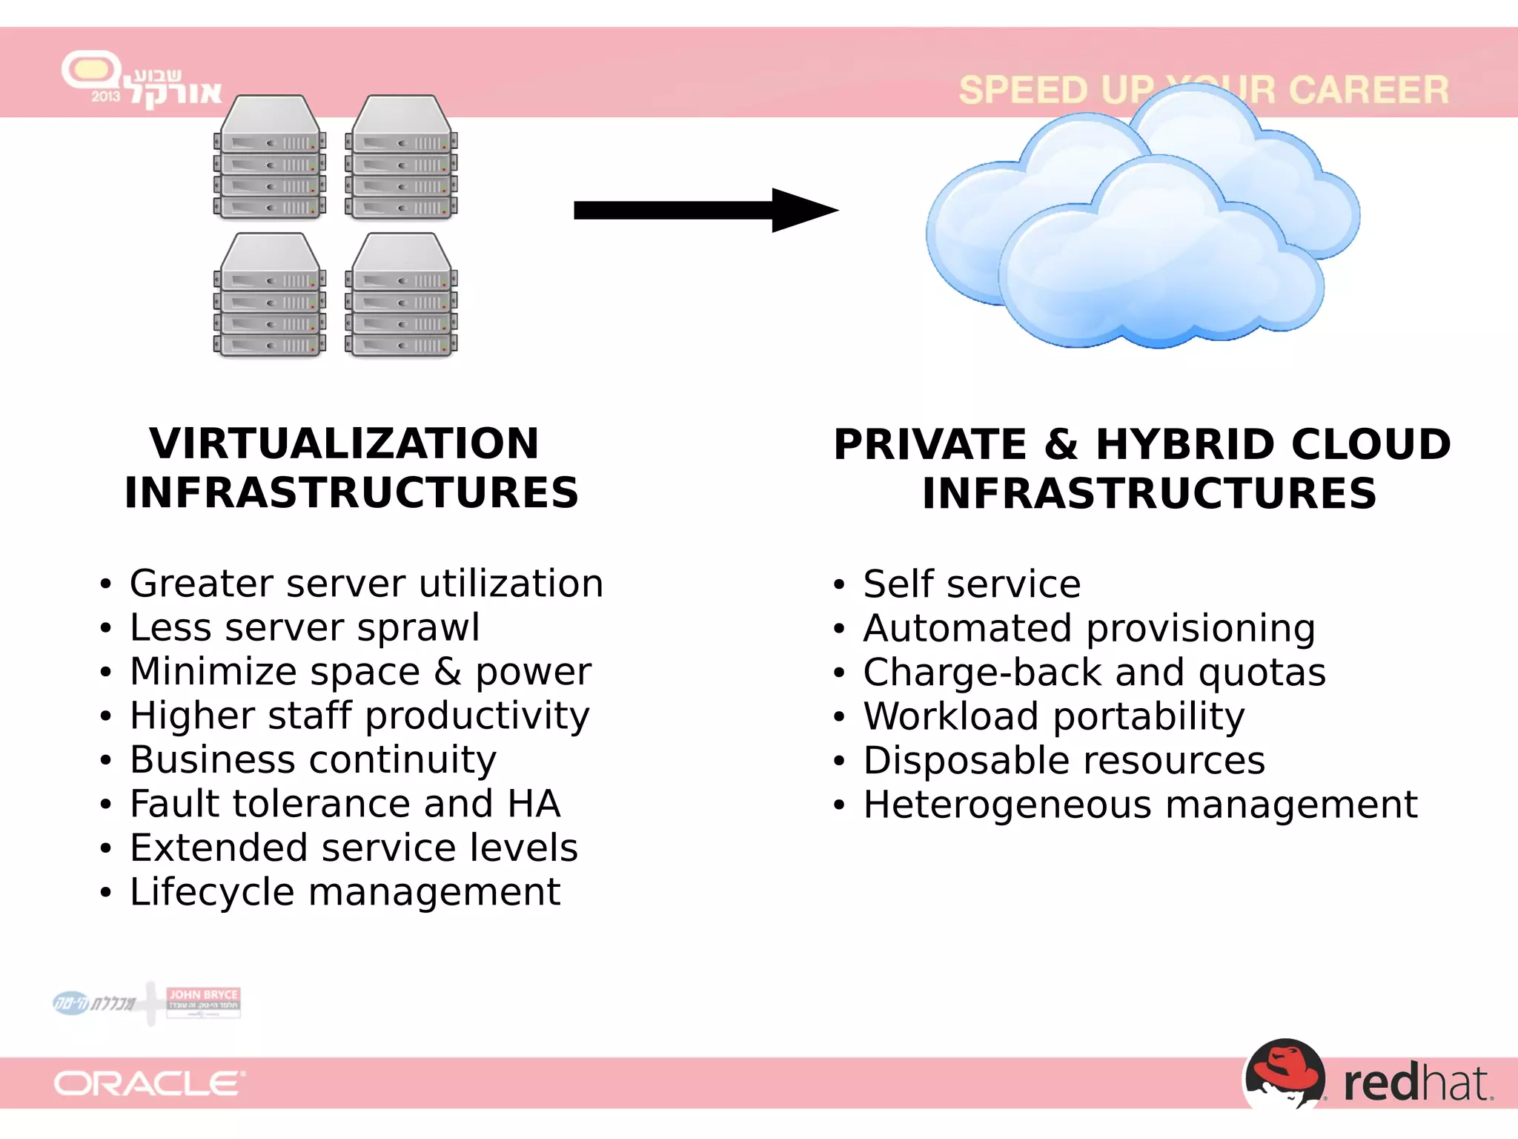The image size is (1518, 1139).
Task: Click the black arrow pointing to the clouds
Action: click(704, 211)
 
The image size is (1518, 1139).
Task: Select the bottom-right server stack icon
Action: click(401, 296)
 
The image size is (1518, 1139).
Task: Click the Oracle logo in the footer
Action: click(149, 1083)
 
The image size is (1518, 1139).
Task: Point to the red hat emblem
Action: click(1285, 1074)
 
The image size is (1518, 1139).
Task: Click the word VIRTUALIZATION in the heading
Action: click(344, 443)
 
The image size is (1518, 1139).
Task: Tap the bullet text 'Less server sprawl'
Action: click(305, 627)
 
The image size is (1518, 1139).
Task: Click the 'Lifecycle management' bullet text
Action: click(345, 891)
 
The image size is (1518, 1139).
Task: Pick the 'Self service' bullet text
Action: click(972, 584)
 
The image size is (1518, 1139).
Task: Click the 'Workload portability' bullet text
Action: click(1054, 716)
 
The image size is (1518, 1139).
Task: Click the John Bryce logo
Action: click(203, 1002)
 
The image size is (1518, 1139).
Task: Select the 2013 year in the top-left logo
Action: click(105, 96)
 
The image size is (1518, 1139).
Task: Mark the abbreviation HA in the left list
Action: click(534, 804)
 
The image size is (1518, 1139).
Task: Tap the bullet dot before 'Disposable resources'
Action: click(839, 762)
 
